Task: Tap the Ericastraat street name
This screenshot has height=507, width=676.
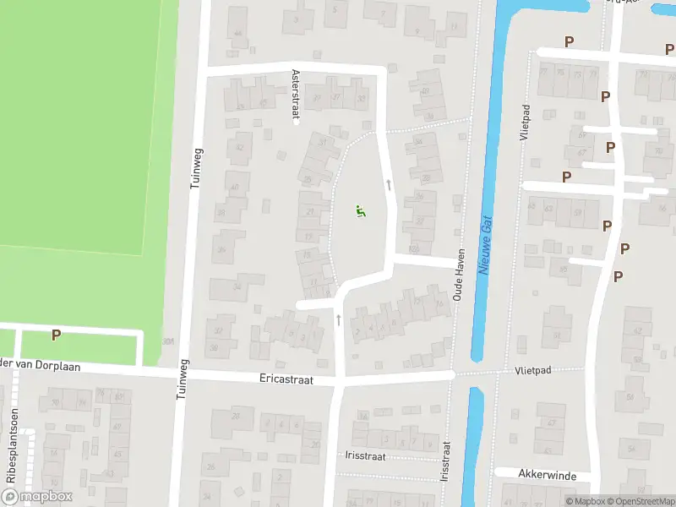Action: (x=286, y=380)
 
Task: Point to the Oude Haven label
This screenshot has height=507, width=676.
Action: (x=460, y=280)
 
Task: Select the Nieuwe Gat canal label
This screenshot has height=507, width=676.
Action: (x=485, y=243)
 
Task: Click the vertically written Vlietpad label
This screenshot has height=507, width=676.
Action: (x=526, y=123)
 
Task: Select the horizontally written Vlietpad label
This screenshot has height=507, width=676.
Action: (x=533, y=371)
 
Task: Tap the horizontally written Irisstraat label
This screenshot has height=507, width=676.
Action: (x=365, y=455)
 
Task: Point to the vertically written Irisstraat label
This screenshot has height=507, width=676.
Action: (x=444, y=461)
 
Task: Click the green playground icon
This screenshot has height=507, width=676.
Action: (x=361, y=211)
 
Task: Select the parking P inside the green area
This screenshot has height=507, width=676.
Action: (x=56, y=335)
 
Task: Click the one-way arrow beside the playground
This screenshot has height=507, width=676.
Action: (x=389, y=183)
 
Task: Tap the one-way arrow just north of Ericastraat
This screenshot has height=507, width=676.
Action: (x=339, y=319)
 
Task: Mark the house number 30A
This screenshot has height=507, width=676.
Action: (x=169, y=341)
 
